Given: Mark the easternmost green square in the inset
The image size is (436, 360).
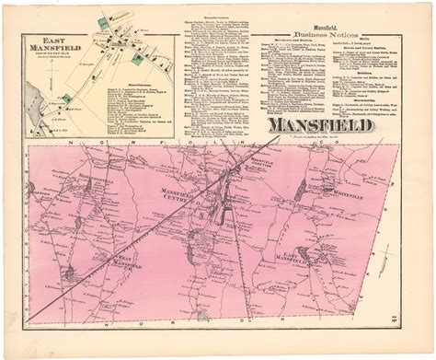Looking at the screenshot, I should click(x=139, y=58).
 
